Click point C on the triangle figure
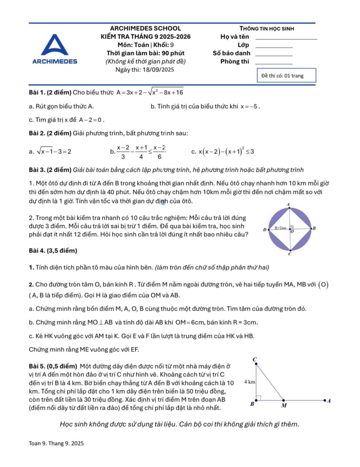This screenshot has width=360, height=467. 255,360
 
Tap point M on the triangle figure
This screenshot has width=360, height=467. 284,405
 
